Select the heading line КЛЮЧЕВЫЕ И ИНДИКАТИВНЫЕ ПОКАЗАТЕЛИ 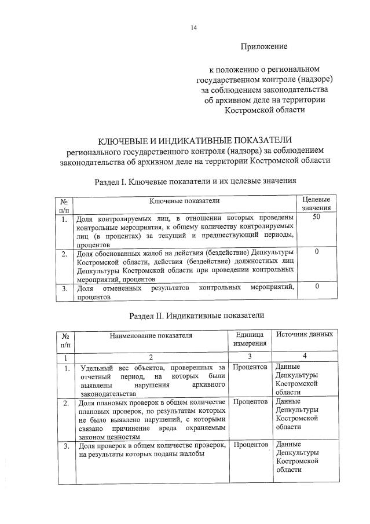point(195,141)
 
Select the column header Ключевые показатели point(185,201)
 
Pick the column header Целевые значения point(316,203)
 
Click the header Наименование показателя point(152,335)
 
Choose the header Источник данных point(304,335)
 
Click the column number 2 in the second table point(151,357)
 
